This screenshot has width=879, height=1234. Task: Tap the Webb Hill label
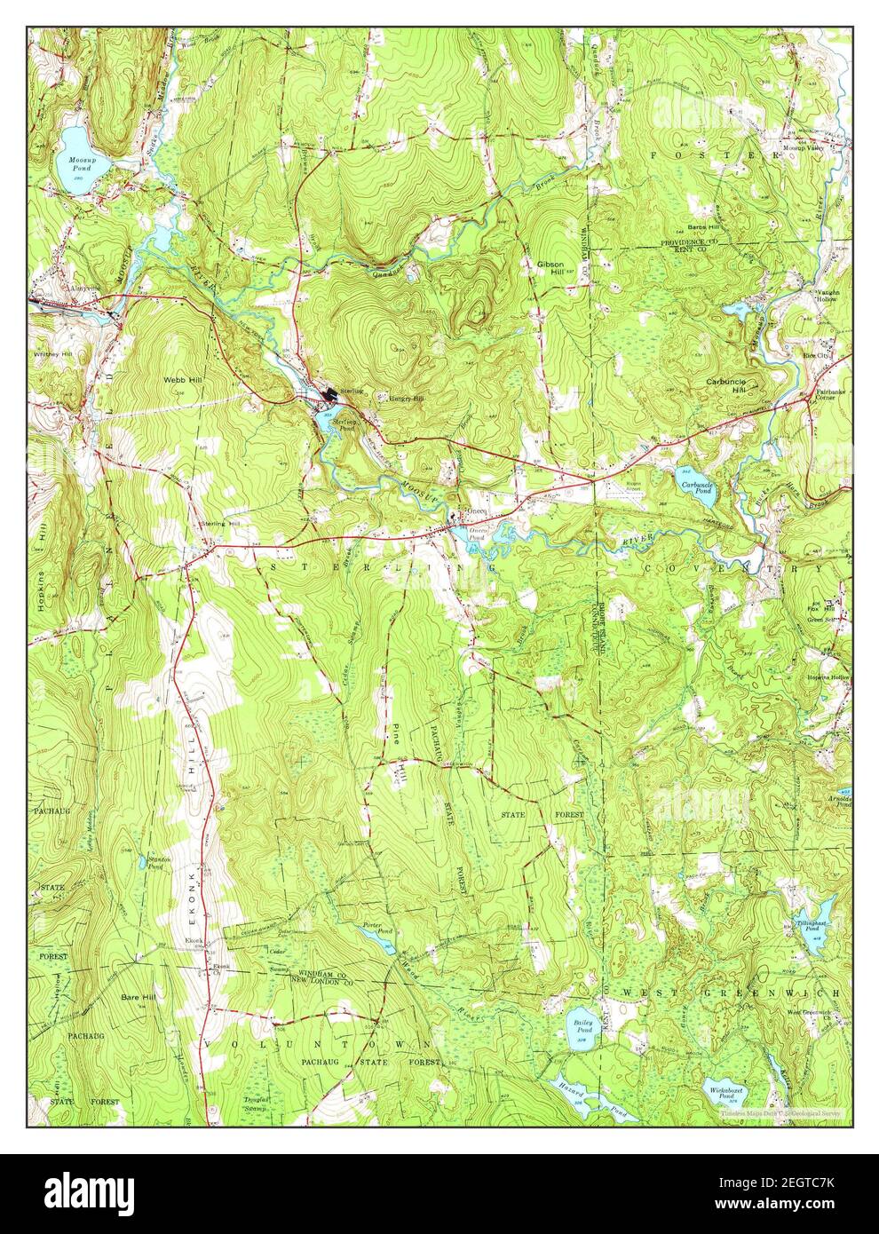pos(181,379)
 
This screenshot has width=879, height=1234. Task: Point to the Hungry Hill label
pos(408,399)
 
